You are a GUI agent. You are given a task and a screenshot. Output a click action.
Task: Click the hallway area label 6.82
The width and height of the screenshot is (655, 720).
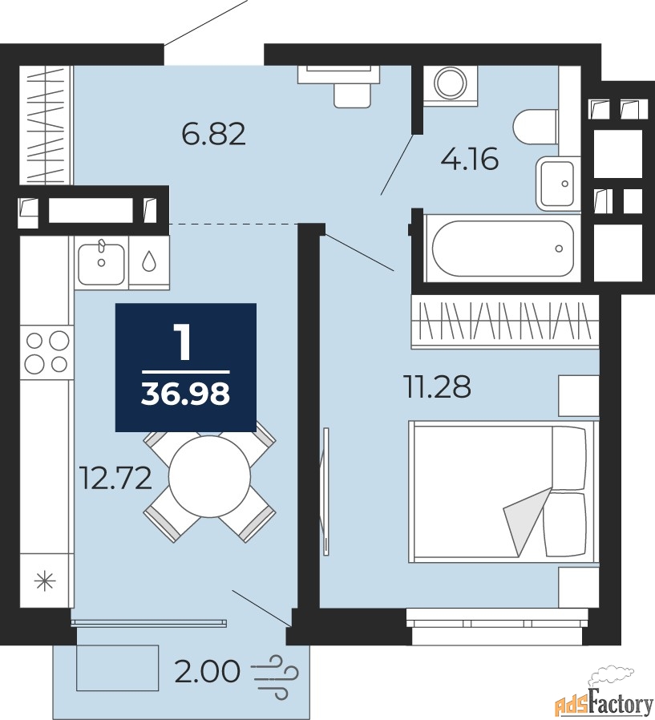click(x=214, y=134)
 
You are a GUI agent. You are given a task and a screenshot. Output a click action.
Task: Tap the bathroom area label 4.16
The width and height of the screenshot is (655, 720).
click(x=470, y=160)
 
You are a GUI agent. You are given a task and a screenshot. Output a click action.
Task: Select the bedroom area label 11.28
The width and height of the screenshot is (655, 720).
click(x=438, y=386)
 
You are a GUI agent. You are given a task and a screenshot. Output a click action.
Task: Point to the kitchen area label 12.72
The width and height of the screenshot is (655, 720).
click(x=115, y=478)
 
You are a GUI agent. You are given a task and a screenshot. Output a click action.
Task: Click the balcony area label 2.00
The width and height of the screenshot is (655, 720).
click(x=208, y=671)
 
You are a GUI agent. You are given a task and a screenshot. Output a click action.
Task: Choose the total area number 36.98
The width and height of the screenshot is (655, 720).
click(x=185, y=394)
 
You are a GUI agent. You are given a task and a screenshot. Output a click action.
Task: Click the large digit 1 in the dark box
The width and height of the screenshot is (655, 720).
click(x=184, y=342)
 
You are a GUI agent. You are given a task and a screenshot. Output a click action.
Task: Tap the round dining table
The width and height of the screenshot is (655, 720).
click(x=209, y=477)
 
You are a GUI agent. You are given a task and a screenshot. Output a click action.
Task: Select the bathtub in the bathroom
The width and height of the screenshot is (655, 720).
click(x=503, y=248)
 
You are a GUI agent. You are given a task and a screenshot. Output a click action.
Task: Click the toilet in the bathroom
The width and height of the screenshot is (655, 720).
click(x=536, y=126)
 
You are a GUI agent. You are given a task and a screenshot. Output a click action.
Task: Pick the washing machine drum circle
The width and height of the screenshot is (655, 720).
click(x=451, y=83)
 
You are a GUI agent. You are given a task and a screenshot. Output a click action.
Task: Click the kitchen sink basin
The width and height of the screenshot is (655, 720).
click(x=102, y=263)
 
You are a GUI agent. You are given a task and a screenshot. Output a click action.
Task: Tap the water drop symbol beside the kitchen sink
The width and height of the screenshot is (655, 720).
click(x=148, y=261)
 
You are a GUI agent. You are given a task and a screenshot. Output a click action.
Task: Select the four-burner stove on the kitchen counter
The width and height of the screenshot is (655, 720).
click(x=46, y=353)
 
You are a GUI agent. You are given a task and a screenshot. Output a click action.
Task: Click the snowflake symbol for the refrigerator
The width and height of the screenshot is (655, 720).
click(x=46, y=581)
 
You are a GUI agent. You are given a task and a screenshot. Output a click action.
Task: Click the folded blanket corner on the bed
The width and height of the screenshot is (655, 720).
click(x=527, y=520)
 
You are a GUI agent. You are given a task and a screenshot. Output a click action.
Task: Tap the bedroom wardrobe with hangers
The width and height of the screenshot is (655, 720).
click(x=505, y=322)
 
